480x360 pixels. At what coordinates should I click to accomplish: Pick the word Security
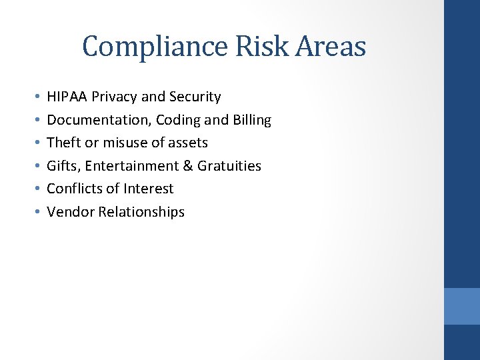195,97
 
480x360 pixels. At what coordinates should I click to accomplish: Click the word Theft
63,143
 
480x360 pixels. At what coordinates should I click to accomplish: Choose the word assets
188,143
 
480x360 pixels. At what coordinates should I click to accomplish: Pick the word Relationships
141,212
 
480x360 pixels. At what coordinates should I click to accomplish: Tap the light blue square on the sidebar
461,306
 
